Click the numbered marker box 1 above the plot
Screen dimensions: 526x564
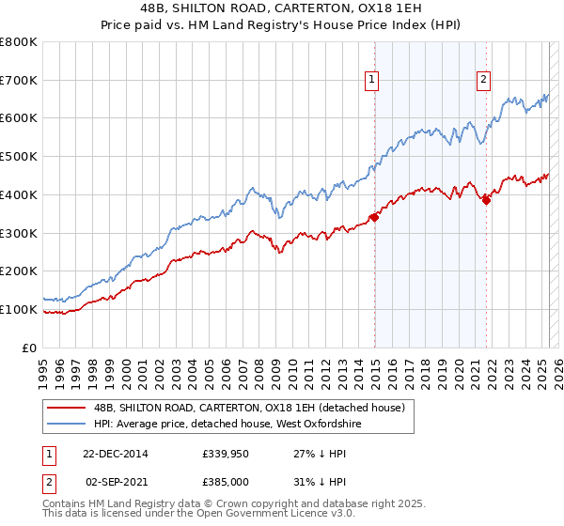click(373, 81)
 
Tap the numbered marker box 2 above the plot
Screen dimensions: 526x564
click(483, 81)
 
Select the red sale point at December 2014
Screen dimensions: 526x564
click(374, 217)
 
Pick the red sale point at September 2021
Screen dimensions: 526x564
click(486, 198)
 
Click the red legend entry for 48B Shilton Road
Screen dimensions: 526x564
click(249, 408)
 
